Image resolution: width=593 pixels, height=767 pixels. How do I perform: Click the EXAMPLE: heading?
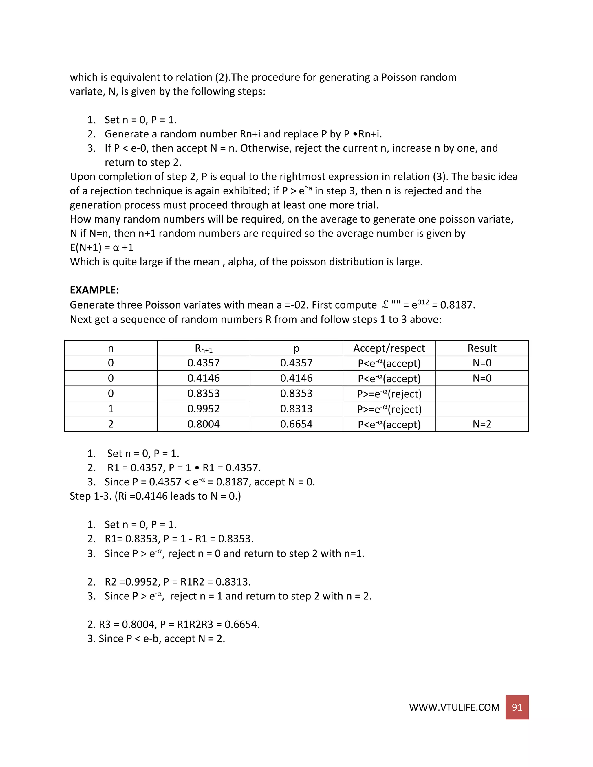click(94, 290)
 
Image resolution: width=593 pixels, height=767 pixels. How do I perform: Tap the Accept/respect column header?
click(389, 348)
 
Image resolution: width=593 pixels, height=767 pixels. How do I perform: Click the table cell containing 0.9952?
click(203, 409)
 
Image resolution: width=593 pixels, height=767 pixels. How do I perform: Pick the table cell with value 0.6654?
click(296, 424)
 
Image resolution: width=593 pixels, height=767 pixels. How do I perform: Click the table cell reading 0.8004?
click(203, 424)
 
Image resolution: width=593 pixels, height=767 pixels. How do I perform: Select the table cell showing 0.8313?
click(296, 409)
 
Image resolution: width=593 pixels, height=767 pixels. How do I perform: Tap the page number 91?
click(517, 707)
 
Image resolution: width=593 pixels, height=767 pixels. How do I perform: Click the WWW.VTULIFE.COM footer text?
click(454, 707)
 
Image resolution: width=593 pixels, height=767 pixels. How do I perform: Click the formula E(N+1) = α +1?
click(102, 247)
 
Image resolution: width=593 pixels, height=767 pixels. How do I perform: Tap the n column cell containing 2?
click(111, 424)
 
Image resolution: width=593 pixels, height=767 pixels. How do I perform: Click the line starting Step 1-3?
click(155, 496)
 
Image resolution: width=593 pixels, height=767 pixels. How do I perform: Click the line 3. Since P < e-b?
click(156, 638)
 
